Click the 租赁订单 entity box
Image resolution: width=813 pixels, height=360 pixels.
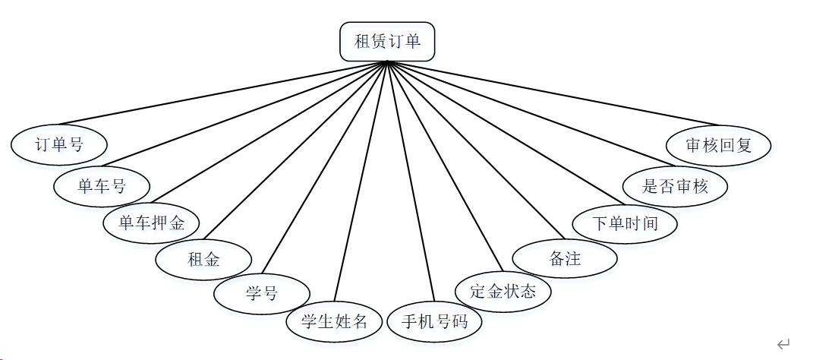[387, 41]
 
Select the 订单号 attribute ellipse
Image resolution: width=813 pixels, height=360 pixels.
[59, 144]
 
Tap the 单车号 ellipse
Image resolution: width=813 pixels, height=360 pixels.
[102, 185]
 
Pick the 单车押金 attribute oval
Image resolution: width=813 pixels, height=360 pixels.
[153, 223]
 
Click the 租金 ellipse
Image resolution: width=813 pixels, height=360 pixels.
[203, 259]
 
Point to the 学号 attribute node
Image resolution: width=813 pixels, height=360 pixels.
[262, 294]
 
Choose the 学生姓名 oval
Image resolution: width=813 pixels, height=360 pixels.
[334, 321]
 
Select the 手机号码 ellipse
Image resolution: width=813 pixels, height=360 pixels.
[434, 321]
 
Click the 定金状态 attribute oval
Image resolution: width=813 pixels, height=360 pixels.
[503, 291]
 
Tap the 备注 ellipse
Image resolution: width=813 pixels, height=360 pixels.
[565, 258]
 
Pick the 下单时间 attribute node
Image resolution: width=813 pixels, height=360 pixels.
[625, 223]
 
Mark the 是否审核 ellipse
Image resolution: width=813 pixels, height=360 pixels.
[676, 185]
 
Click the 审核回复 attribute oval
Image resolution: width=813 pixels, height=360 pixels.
[718, 144]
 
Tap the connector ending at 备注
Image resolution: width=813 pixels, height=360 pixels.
[477, 149]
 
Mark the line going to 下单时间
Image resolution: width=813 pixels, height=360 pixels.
[505, 133]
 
